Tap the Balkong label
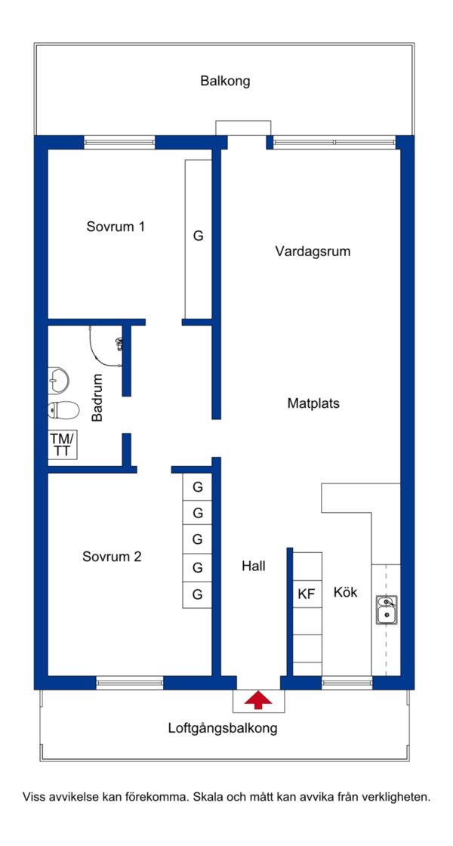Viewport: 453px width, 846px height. (x=226, y=82)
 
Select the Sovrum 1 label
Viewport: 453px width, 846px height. (x=116, y=227)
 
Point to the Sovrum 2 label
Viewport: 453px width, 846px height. (x=112, y=556)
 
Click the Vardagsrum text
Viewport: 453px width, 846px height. (x=313, y=252)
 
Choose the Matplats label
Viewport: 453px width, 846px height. (x=313, y=403)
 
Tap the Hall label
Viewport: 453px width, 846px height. (x=254, y=566)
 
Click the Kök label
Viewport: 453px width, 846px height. (x=345, y=591)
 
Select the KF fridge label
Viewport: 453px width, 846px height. (x=306, y=594)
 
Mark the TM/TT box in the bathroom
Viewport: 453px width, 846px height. (x=63, y=445)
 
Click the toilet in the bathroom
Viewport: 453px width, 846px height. (x=63, y=410)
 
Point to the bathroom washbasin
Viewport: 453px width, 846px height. (x=58, y=378)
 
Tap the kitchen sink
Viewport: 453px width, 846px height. (x=387, y=610)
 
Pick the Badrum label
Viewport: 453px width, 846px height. (x=97, y=397)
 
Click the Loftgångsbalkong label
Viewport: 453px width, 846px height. (x=223, y=728)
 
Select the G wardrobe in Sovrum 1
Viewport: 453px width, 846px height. (x=198, y=239)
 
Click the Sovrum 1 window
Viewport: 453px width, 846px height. (x=119, y=143)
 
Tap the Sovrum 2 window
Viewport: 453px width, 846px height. (x=129, y=683)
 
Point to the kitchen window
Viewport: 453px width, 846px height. (x=347, y=683)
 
